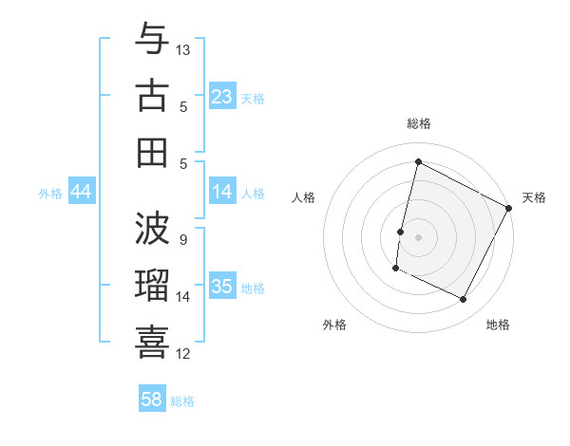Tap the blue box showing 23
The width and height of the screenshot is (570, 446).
tap(222, 97)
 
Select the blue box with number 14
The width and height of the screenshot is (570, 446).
tap(222, 192)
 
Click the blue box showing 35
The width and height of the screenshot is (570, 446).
tap(222, 287)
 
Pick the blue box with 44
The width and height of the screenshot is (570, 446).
tap(81, 192)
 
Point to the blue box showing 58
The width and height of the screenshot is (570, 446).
tap(152, 400)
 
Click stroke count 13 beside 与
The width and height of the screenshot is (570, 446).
tap(184, 49)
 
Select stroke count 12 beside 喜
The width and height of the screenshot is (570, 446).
tap(184, 354)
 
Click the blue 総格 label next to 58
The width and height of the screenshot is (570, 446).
tap(182, 401)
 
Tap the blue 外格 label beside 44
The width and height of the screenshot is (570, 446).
tap(50, 194)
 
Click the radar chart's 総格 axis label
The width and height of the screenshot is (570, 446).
tap(418, 123)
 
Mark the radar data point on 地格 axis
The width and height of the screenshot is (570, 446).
tap(464, 300)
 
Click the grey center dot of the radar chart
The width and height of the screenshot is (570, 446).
tap(418, 237)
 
